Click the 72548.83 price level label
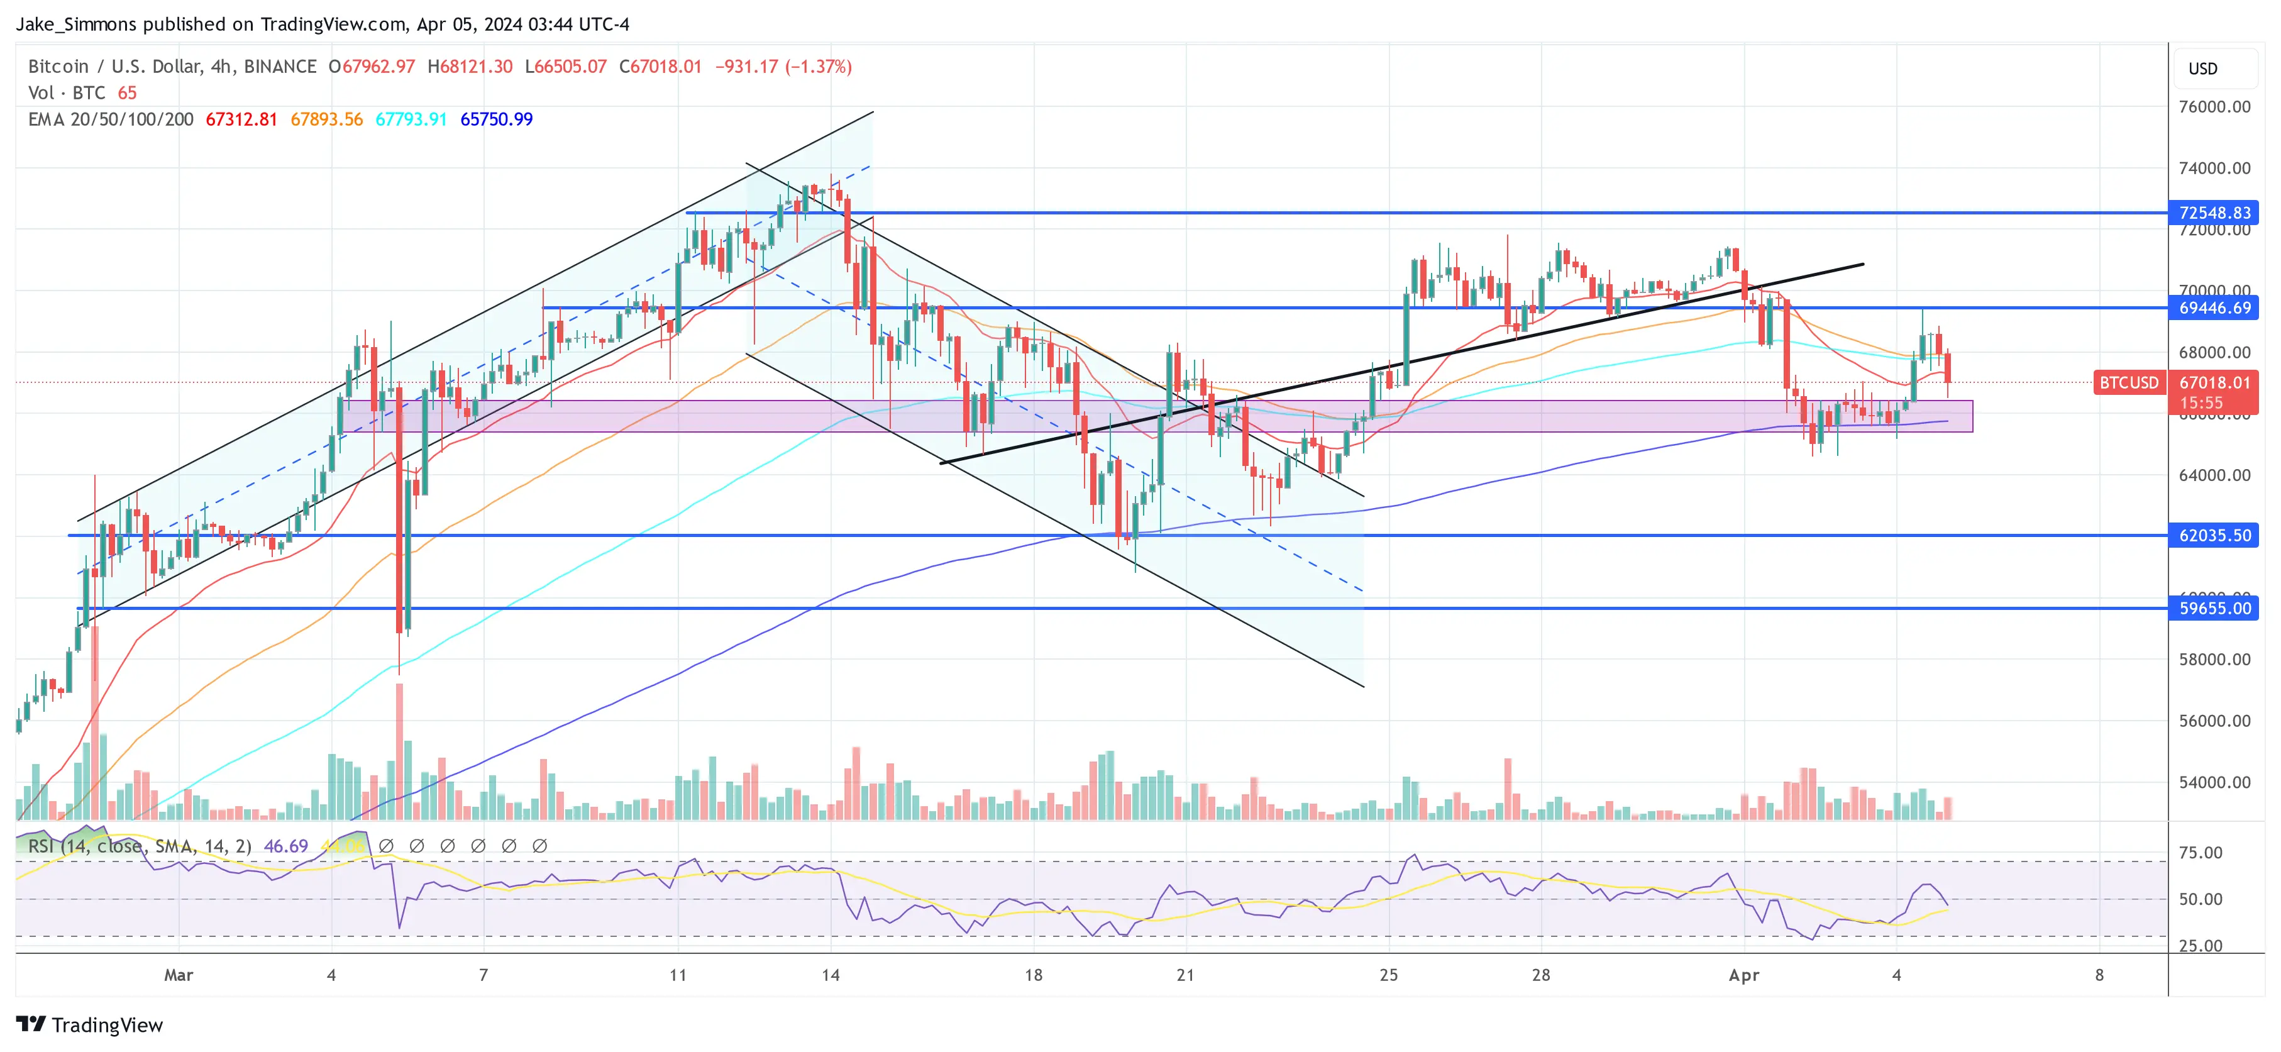coord(2214,213)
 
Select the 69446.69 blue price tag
coord(2214,308)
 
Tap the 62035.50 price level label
coord(2214,536)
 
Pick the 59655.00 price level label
coord(2214,608)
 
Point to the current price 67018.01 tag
coord(2214,382)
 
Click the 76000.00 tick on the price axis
coord(2214,107)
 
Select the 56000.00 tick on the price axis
coord(2214,721)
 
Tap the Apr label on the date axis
coord(1743,975)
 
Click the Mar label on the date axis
coord(178,975)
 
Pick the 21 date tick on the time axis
coord(1185,975)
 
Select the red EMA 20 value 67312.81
coord(241,119)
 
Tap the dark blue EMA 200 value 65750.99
coord(496,119)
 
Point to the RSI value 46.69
coord(285,846)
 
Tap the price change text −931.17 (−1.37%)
coord(783,67)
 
